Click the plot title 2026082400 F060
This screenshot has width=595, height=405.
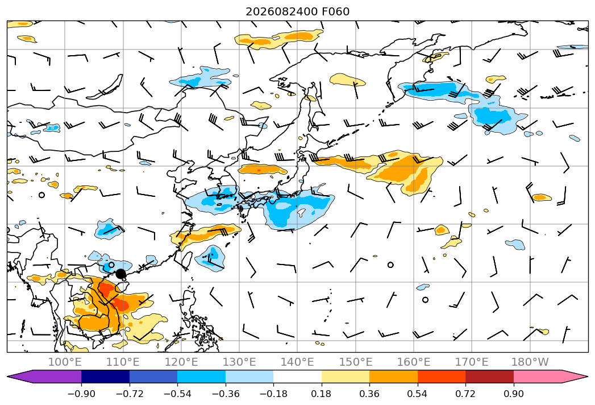point(298,11)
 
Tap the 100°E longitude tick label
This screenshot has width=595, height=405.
point(65,362)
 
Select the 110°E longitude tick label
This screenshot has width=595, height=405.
point(123,362)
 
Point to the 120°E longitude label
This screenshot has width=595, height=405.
point(181,362)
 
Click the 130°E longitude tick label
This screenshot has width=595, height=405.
point(239,362)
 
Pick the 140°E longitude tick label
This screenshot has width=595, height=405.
point(297,362)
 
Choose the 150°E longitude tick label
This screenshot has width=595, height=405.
point(356,362)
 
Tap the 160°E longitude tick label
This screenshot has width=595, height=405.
point(414,362)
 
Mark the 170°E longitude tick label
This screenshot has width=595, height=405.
point(472,362)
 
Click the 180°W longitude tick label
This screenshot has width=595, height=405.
point(530,362)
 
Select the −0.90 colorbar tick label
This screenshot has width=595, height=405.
point(81,394)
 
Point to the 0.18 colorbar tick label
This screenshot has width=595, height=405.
point(322,394)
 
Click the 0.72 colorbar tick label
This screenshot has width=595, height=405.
point(465,394)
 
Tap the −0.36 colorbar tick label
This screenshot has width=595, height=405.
point(226,394)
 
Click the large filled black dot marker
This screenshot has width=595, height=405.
point(120,274)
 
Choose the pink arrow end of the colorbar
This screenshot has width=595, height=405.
point(575,377)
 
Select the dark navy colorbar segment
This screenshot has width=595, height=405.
point(106,377)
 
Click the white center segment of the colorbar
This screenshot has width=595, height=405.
point(298,377)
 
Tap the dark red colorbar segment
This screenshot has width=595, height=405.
point(489,377)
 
